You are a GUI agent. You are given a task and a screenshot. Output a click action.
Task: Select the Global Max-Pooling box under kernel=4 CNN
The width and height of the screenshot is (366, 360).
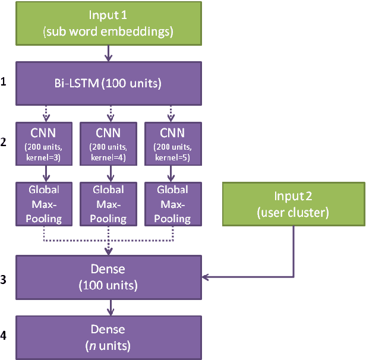coord(108,204)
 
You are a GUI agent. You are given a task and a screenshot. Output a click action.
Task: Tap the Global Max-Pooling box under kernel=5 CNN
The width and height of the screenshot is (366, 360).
coord(172,204)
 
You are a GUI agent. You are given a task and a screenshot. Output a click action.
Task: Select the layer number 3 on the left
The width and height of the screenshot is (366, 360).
coord(5,277)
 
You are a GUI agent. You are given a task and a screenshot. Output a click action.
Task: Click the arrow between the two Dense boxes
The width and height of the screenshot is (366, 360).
coord(108,307)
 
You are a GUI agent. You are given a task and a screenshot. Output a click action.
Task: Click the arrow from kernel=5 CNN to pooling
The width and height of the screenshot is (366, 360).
coord(172,174)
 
